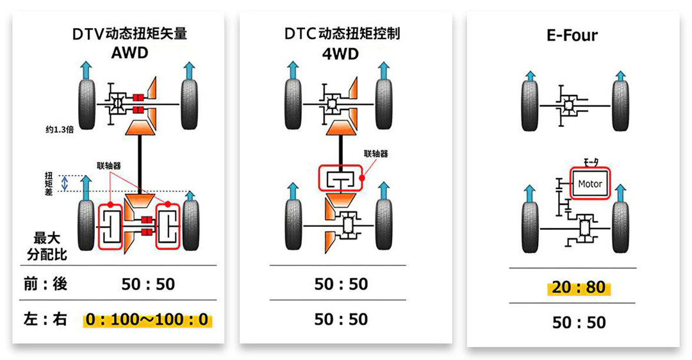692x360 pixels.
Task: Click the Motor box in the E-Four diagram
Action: point(590,184)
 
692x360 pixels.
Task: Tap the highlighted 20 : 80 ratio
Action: point(579,288)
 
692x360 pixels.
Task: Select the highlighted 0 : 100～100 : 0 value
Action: point(147,320)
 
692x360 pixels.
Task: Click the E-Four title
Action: point(572,35)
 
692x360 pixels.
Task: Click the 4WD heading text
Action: point(340,53)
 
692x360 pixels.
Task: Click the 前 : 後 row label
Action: point(45,284)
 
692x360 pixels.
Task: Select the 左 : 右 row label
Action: point(45,320)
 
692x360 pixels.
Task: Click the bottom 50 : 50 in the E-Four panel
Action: point(579,322)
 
